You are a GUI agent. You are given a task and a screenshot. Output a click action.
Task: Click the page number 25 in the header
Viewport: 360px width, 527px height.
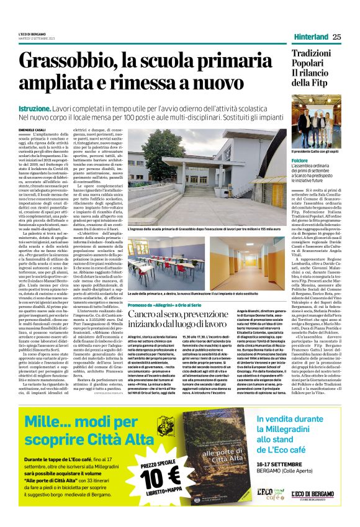click(336, 37)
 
